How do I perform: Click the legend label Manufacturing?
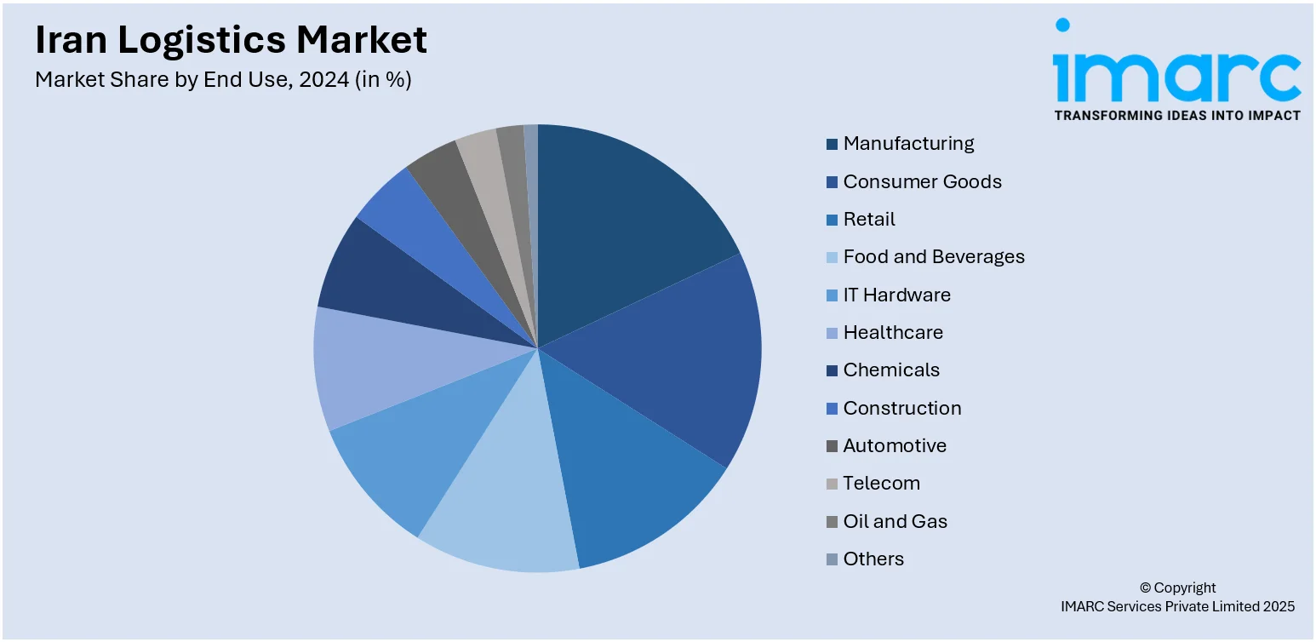click(x=908, y=144)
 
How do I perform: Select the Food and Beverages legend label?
click(x=934, y=257)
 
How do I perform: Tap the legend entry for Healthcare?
click(x=893, y=333)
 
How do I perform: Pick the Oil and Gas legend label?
click(x=895, y=521)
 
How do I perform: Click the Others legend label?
click(x=873, y=559)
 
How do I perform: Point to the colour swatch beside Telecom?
click(x=832, y=484)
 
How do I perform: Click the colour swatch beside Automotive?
click(x=832, y=446)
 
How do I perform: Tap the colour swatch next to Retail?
click(x=832, y=220)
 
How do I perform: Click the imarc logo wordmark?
click(x=1176, y=75)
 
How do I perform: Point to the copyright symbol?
click(x=1145, y=588)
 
